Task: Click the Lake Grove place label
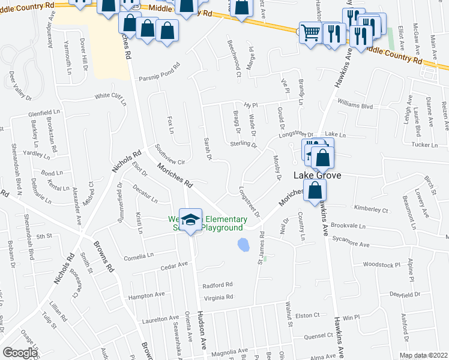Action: pyautogui.click(x=318, y=176)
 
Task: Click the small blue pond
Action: pyautogui.click(x=243, y=245)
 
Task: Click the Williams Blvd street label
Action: pyautogui.click(x=355, y=104)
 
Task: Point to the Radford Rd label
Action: pyautogui.click(x=217, y=285)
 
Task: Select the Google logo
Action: pyautogui.click(x=19, y=353)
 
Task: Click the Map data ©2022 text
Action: pyautogui.click(x=423, y=355)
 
